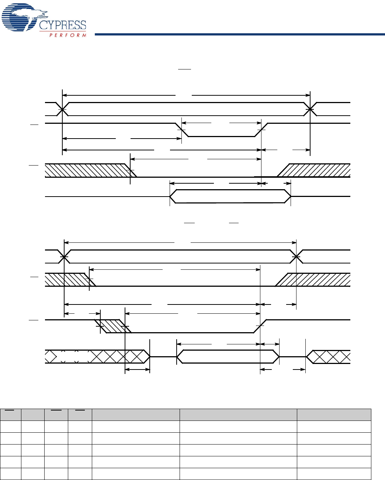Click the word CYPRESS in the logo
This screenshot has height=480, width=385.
pos(63,25)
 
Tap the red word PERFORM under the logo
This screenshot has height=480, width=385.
pos(68,35)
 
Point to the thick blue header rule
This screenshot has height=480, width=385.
pos(240,35)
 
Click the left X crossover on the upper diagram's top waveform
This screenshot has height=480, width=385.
pos(63,109)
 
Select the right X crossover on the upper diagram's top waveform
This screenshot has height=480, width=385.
pos(310,109)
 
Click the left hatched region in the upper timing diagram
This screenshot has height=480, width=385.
pos(87,170)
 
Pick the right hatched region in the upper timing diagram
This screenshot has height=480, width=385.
pos(317,170)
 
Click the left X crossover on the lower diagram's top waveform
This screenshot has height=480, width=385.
pos(64,256)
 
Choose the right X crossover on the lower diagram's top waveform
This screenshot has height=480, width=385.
pos(296,256)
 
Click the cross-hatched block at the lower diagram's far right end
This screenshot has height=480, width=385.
pos(330,357)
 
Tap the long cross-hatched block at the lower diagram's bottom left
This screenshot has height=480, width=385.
pos(96,357)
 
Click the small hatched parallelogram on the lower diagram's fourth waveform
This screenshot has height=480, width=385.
pos(112,326)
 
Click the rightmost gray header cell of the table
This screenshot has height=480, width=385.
pos(334,415)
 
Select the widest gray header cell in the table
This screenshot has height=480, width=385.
pos(238,415)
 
